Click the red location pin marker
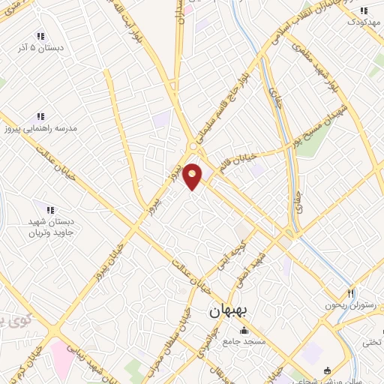coord(193,175)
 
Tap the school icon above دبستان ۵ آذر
coord(40,36)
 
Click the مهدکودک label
coord(364,22)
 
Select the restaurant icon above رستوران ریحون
coord(349,292)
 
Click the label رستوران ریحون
coord(349,304)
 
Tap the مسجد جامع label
coord(241,342)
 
